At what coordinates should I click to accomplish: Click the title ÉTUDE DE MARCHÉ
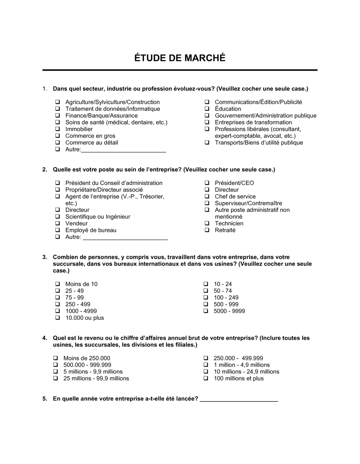pos(180,58)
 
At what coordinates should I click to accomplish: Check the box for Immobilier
pos(58,129)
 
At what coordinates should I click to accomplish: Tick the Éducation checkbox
pos(207,109)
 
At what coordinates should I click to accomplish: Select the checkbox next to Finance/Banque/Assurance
pos(58,116)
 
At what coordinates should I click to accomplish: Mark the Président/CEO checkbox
pos(207,183)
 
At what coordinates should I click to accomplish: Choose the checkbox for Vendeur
pos(58,224)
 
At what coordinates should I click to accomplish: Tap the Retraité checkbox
pos(207,230)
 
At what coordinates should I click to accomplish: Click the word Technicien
pos(229,223)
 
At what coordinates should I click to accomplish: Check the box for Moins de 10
pos(58,284)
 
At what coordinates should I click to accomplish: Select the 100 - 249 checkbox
pos(206,298)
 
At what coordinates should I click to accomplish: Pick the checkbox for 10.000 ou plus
pos(58,318)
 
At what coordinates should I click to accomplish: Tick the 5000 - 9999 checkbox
pos(206,311)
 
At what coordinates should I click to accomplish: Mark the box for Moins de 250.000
pos(56,358)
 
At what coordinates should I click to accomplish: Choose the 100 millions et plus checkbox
pos(206,378)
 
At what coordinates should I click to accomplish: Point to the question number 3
pos(45,257)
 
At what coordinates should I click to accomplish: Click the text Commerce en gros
pos(90,136)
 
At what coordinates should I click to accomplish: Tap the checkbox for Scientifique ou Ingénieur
pos(58,217)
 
